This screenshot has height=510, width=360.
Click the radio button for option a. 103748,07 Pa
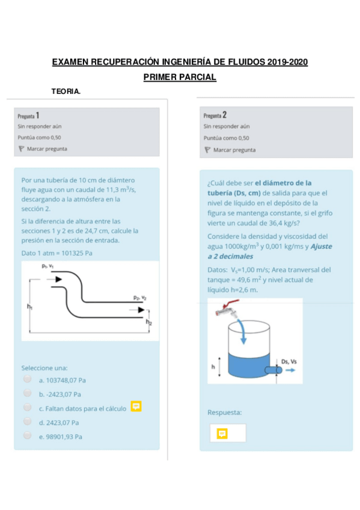point(27,379)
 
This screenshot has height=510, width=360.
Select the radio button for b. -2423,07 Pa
point(27,393)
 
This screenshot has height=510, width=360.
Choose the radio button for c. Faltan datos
point(27,408)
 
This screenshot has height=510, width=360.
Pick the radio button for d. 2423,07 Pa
point(27,422)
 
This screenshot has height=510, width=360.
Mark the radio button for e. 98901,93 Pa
point(27,435)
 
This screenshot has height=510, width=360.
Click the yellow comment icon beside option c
point(136,407)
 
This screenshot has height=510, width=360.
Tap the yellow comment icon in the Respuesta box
point(222,433)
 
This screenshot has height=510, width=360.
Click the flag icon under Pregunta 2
point(207,150)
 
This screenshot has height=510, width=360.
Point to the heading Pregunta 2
point(215,115)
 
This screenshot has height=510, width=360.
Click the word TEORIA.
point(66,91)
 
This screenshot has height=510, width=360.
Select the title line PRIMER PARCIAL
point(180,77)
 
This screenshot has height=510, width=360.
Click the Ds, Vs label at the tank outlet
point(288,361)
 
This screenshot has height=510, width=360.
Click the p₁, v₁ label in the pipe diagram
point(48,266)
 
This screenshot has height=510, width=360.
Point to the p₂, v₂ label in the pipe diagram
point(140,298)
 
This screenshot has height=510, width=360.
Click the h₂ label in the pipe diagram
point(149,322)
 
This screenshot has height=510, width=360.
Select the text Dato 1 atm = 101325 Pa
point(56,253)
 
